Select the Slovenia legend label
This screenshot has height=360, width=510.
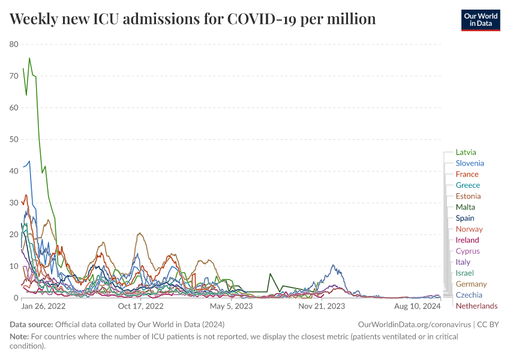click(x=469, y=163)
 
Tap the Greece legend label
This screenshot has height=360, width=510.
click(x=467, y=185)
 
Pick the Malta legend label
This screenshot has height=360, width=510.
click(x=465, y=207)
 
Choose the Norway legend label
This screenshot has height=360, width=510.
click(x=469, y=229)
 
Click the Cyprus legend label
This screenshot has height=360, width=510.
click(x=467, y=251)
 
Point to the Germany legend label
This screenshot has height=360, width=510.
click(x=471, y=284)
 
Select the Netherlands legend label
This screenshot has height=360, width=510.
click(x=476, y=306)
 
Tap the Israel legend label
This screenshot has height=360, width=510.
click(x=464, y=273)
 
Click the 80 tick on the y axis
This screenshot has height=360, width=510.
click(x=14, y=44)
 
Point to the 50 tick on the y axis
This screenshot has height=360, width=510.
click(x=14, y=139)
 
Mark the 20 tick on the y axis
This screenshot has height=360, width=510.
click(x=14, y=235)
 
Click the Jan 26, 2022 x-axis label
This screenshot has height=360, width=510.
click(x=43, y=306)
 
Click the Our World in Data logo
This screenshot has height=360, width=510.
click(x=480, y=19)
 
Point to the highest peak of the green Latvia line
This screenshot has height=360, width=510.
click(x=29, y=58)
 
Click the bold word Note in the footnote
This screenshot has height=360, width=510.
click(x=20, y=337)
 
